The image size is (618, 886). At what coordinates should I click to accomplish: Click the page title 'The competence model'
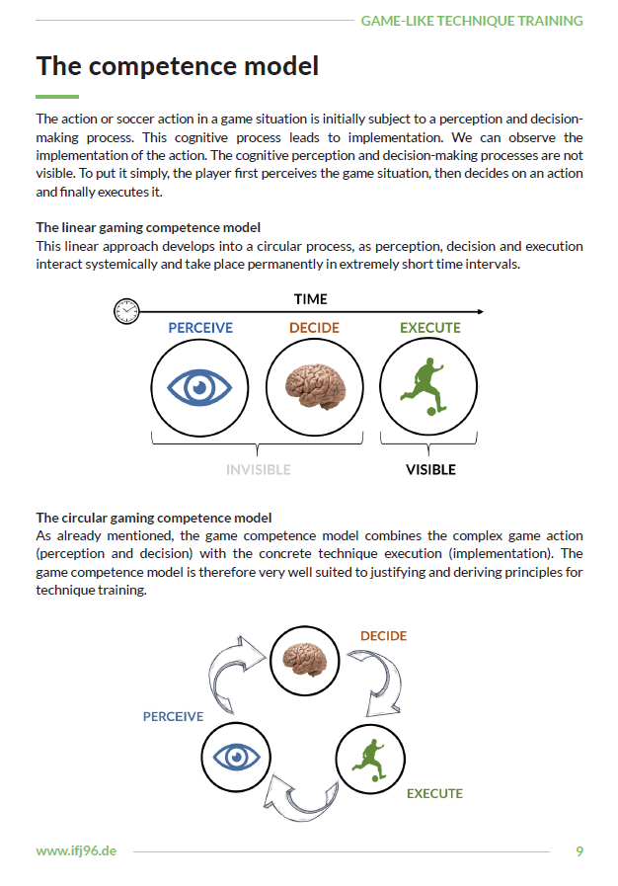[x=178, y=66]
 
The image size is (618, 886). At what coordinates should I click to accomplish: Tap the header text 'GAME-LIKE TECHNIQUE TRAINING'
[x=471, y=20]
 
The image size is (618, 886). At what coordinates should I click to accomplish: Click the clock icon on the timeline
[x=125, y=312]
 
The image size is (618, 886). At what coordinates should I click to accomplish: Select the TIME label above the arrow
[x=310, y=298]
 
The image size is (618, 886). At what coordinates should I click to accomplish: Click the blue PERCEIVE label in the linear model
[x=199, y=328]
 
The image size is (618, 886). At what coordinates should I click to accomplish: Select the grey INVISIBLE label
[x=259, y=470]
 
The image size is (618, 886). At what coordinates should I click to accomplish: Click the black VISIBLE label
[x=430, y=470]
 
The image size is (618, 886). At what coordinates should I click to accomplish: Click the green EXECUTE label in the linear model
[x=429, y=328]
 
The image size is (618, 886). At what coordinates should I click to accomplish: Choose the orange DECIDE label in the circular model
[x=383, y=636]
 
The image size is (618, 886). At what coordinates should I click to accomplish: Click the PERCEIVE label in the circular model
[x=173, y=716]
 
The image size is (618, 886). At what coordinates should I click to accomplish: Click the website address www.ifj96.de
[x=76, y=850]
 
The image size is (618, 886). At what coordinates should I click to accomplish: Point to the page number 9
[x=579, y=850]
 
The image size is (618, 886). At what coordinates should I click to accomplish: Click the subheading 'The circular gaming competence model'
[x=153, y=518]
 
